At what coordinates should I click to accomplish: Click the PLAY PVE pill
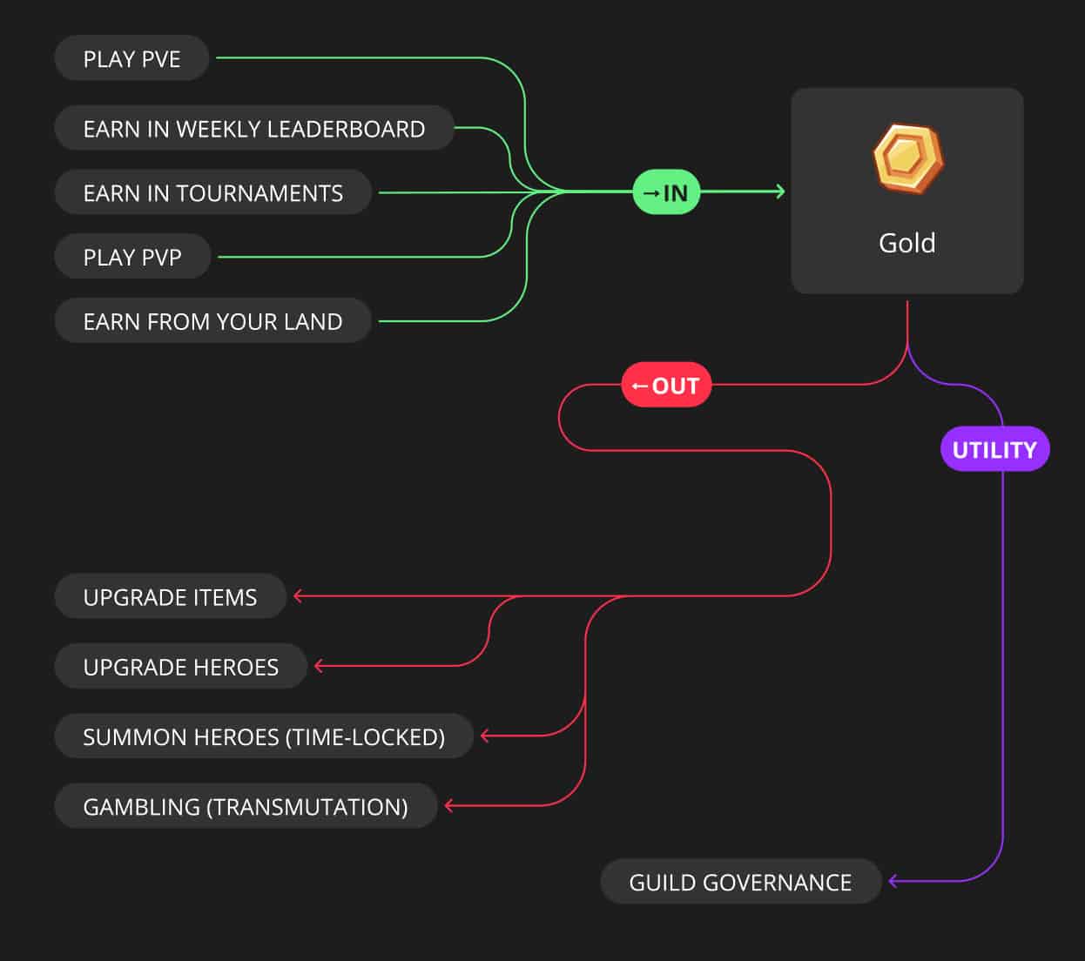(x=131, y=57)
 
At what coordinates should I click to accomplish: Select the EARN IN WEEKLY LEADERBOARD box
(x=254, y=128)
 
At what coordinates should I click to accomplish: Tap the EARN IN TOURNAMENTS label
(x=213, y=192)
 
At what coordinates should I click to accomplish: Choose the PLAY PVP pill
(x=132, y=257)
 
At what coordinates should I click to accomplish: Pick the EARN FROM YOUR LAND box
(x=213, y=320)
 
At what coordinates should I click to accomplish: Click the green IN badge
(x=666, y=192)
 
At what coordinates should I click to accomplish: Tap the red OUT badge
(x=666, y=385)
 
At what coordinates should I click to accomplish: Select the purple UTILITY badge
(x=995, y=448)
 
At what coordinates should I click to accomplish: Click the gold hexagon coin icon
(x=908, y=158)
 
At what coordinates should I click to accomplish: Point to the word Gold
(x=907, y=243)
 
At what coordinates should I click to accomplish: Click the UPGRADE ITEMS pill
(x=171, y=596)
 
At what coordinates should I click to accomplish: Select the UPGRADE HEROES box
(x=181, y=666)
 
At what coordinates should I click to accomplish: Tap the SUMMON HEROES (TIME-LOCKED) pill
(x=264, y=736)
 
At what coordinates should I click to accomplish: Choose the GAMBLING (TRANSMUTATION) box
(x=246, y=806)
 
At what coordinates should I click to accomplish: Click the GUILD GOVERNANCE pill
(x=741, y=881)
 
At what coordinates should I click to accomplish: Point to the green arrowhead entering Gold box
(x=781, y=192)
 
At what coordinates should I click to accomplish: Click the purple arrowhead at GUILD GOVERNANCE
(x=893, y=881)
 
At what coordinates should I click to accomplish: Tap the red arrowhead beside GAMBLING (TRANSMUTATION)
(x=449, y=806)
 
